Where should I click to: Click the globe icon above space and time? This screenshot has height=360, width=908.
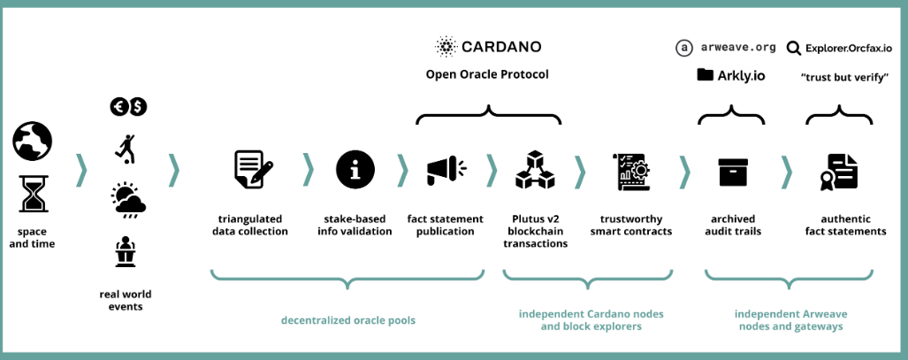click(x=33, y=142)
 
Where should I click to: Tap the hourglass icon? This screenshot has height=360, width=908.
click(x=33, y=194)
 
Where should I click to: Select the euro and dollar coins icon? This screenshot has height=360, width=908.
click(x=128, y=106)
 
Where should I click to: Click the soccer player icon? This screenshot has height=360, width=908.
click(x=126, y=148)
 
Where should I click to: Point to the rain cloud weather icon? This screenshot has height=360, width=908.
click(x=128, y=201)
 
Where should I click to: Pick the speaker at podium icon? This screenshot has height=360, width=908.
click(x=125, y=252)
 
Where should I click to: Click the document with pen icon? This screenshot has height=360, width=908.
click(x=253, y=170)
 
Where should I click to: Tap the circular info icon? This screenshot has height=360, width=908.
click(x=355, y=170)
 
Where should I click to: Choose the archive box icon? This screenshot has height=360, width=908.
click(x=734, y=171)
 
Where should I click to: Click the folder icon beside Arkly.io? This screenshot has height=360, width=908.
click(x=705, y=75)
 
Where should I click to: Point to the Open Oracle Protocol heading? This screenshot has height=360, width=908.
click(x=487, y=74)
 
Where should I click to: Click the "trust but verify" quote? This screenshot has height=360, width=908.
click(x=844, y=77)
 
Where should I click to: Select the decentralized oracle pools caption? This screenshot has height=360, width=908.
click(x=348, y=320)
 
